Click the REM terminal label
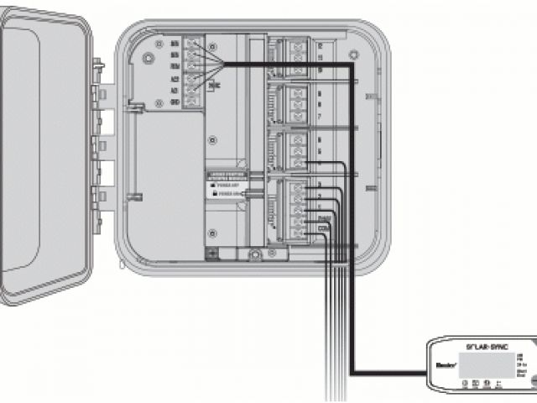(174, 64)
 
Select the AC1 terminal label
(174, 90)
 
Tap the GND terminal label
(174, 102)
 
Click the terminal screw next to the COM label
(298, 228)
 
